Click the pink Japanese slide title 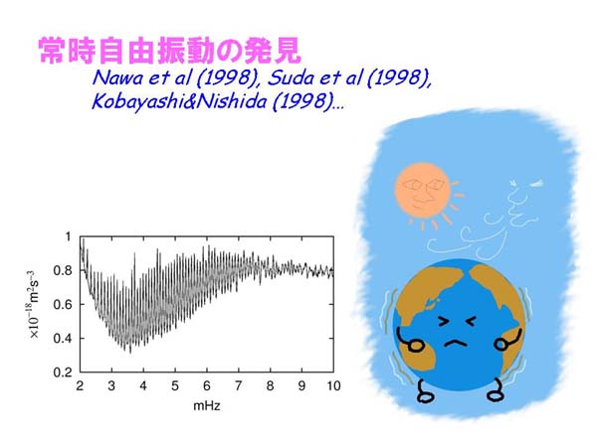point(169,51)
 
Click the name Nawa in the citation point(117,77)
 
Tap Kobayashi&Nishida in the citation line point(179,101)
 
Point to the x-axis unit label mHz point(207,406)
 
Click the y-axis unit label point(33,304)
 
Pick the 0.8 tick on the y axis point(63,270)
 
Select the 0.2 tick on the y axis point(63,372)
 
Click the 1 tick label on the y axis point(68,236)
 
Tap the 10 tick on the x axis point(334,386)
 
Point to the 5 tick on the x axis point(175,386)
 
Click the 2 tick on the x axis point(80,386)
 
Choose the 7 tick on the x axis point(239,386)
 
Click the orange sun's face point(422,190)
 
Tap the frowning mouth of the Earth point(456,344)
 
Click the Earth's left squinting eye point(445,322)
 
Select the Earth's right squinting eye point(470,322)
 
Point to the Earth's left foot point(425,391)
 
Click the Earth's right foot point(496,390)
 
